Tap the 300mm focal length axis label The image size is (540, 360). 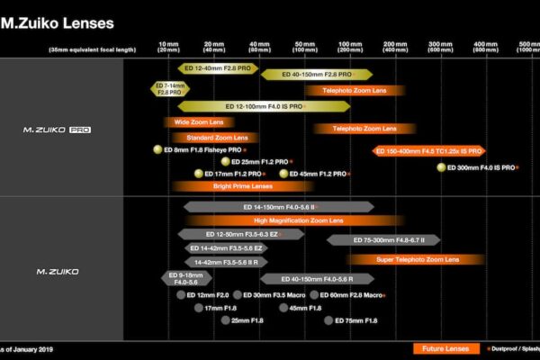pos(440,47)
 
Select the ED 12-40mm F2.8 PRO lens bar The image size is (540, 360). pos(217,68)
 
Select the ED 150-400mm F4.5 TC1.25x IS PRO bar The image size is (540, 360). pos(429,151)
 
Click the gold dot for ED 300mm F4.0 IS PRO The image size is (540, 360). pos(441,167)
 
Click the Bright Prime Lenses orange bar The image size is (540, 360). pos(243,186)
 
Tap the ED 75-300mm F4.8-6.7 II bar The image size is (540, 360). pos(382,240)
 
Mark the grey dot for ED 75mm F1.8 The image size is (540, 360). pos(328,320)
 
